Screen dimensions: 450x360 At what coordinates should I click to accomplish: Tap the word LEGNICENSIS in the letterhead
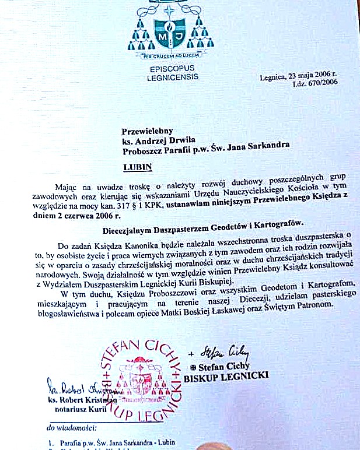point(173,76)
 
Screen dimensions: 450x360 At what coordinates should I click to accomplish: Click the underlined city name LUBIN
point(138,167)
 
